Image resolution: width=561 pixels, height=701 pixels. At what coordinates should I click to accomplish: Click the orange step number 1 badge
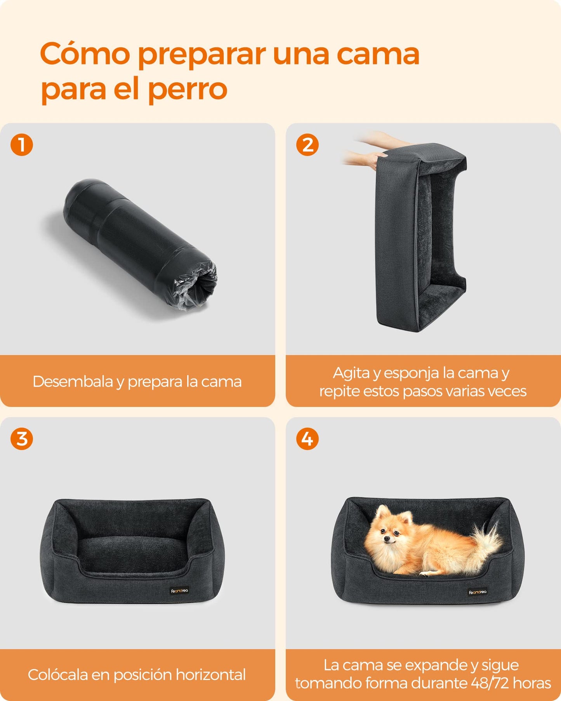click(22, 145)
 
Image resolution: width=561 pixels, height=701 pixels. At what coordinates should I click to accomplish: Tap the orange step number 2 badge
click(307, 145)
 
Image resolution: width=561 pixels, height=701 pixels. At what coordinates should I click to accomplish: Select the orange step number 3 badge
click(22, 439)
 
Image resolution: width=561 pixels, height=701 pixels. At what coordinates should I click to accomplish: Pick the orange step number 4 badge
click(307, 439)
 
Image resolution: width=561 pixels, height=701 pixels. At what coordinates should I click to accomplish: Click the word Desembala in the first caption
click(73, 382)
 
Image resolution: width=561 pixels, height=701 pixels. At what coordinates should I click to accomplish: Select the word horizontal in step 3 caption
click(210, 675)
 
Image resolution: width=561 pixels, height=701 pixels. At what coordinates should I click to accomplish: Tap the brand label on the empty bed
click(179, 591)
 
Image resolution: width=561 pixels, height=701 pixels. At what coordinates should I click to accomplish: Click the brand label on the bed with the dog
click(478, 592)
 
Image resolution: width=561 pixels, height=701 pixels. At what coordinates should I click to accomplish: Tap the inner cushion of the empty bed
click(133, 553)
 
